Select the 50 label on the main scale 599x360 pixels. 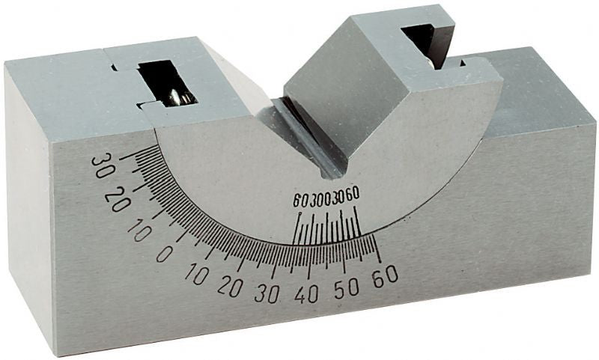(347, 289)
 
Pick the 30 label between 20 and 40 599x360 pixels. (267, 293)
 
